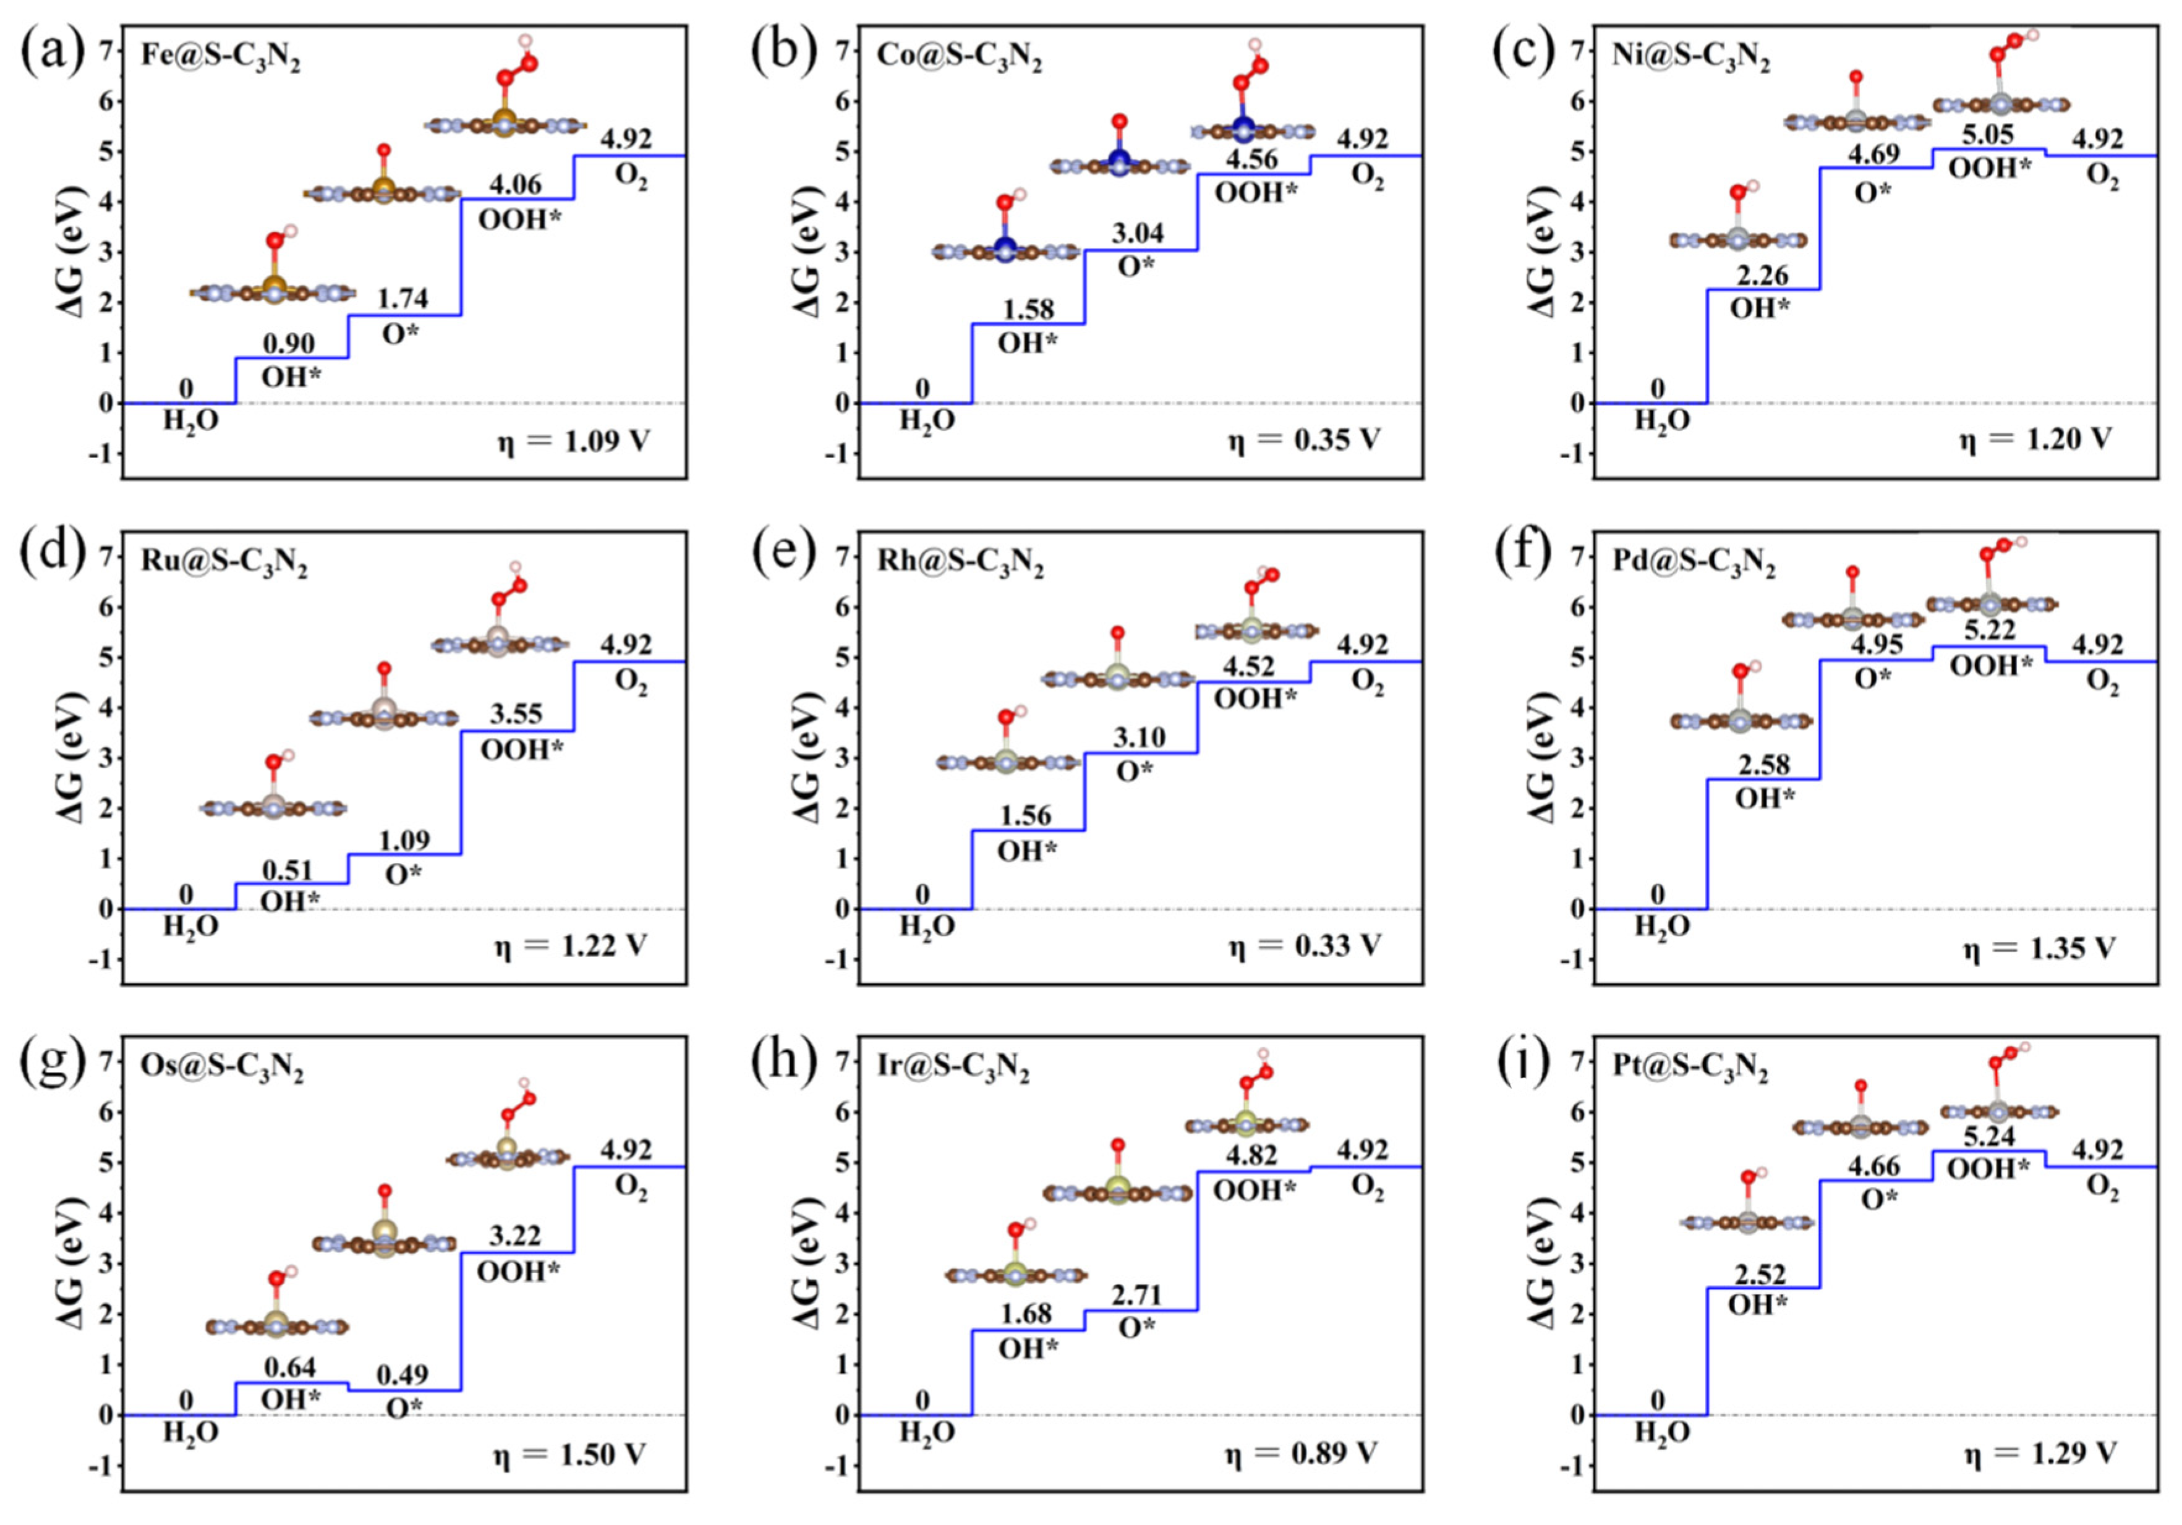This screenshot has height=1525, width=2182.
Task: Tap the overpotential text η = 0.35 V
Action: pyautogui.click(x=1304, y=440)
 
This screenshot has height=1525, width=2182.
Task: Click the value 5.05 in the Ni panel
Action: pyautogui.click(x=1989, y=135)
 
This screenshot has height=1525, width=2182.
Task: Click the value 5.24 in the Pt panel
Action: pyautogui.click(x=1989, y=1136)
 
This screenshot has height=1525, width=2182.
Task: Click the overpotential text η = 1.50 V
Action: pyautogui.click(x=570, y=1455)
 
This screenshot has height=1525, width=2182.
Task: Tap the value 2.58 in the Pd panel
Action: pyautogui.click(x=1764, y=764)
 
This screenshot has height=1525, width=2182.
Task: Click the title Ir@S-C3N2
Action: pyautogui.click(x=953, y=1069)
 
